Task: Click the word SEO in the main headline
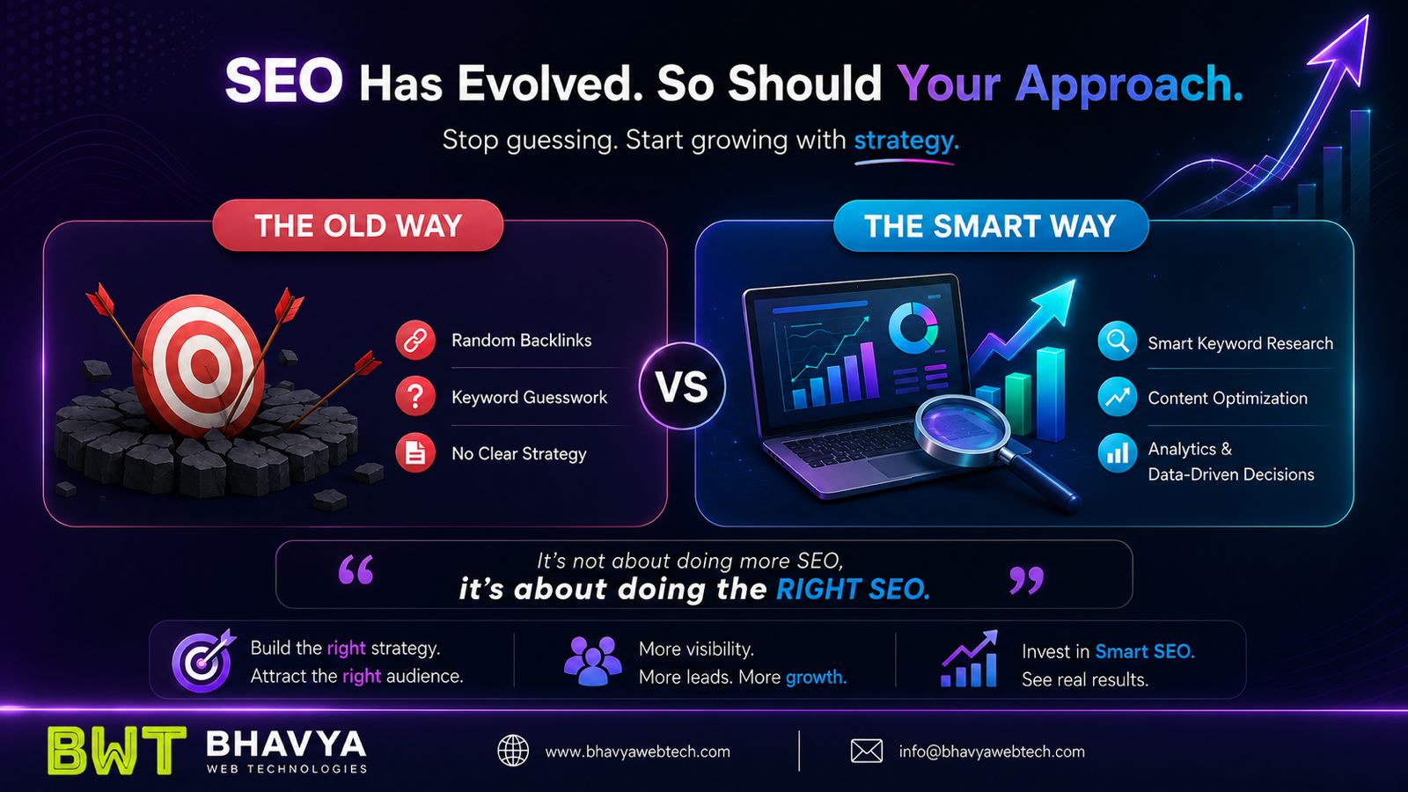click(x=283, y=81)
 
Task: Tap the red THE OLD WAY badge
click(x=357, y=225)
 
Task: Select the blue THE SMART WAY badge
click(x=990, y=225)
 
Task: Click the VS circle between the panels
click(x=682, y=386)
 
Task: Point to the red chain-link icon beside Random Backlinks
click(x=414, y=340)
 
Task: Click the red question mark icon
click(x=414, y=397)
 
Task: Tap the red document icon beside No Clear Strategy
click(x=414, y=452)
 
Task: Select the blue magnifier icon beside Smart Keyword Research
click(x=1117, y=341)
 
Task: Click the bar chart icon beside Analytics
click(x=1117, y=452)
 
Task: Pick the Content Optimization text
click(x=1227, y=398)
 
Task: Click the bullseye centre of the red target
click(x=203, y=363)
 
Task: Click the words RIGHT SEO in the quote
click(x=853, y=589)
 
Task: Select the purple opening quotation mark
click(x=356, y=569)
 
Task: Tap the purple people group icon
click(x=592, y=661)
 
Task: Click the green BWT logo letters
click(x=117, y=751)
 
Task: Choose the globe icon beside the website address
click(x=513, y=751)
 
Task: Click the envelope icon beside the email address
click(x=866, y=752)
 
